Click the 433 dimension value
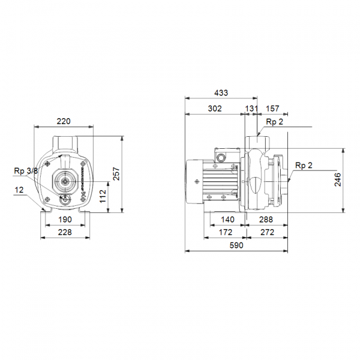[x=221, y=93]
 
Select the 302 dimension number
[x=215, y=109]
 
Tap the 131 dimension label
[x=251, y=109]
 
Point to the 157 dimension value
[x=272, y=109]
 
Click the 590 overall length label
[x=236, y=245]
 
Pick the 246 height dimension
[x=338, y=180]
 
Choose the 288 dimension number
[x=266, y=220]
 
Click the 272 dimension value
[x=267, y=232]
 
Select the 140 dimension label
[x=227, y=220]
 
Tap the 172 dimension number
[x=226, y=232]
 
